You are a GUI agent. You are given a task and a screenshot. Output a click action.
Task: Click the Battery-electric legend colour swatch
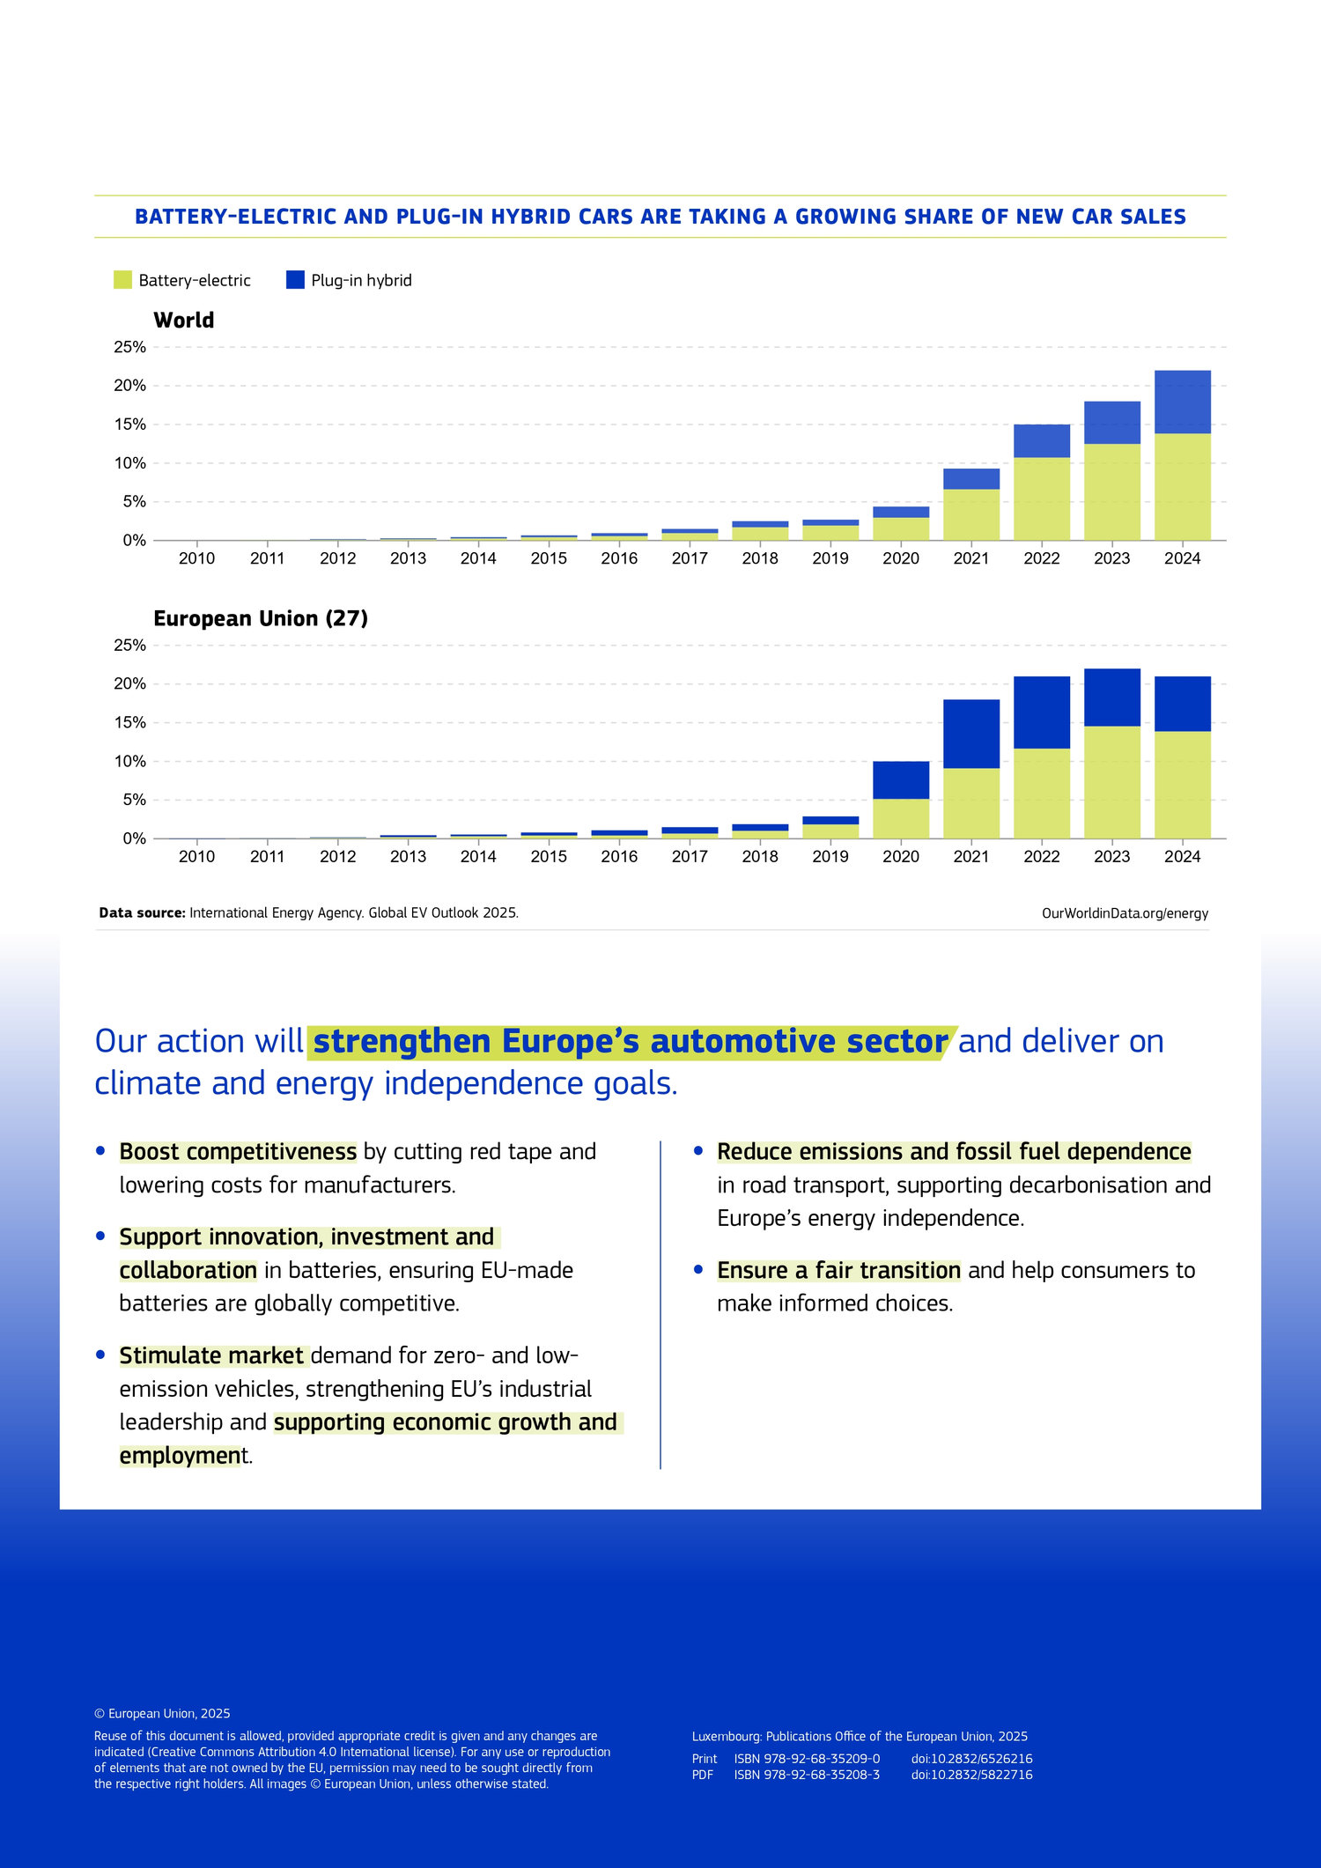click(122, 280)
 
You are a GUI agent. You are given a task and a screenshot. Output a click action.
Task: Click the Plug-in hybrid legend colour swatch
click(295, 280)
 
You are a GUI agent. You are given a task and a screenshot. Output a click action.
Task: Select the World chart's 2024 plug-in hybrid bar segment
click(1182, 402)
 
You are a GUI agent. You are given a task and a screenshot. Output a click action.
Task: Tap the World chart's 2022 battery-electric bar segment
click(1041, 498)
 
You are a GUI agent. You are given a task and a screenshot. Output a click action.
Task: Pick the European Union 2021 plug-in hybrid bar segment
click(970, 734)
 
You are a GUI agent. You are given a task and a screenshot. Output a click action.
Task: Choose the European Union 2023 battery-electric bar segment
click(1111, 782)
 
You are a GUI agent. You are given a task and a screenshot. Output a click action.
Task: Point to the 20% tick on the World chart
click(130, 386)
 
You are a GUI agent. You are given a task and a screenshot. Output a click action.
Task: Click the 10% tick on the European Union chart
click(130, 762)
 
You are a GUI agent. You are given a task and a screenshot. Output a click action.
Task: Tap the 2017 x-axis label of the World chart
click(690, 558)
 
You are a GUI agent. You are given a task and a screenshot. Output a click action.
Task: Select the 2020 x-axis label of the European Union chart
click(900, 857)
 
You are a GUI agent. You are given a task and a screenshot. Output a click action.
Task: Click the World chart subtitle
click(183, 321)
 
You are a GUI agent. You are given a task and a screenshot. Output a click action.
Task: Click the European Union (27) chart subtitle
click(261, 619)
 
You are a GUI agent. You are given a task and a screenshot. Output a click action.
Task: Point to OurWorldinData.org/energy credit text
click(1125, 913)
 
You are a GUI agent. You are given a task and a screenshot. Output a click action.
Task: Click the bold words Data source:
click(142, 913)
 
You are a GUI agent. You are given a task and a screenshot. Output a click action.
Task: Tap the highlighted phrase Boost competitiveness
click(238, 1152)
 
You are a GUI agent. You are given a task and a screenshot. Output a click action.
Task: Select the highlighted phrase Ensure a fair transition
click(838, 1270)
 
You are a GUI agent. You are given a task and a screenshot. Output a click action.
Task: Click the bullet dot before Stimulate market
click(100, 1355)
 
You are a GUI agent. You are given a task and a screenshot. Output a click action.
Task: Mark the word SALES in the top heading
click(1153, 217)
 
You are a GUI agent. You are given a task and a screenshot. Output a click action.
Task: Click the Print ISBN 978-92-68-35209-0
click(807, 1759)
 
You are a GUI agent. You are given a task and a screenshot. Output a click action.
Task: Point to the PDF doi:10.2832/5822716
click(971, 1775)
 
